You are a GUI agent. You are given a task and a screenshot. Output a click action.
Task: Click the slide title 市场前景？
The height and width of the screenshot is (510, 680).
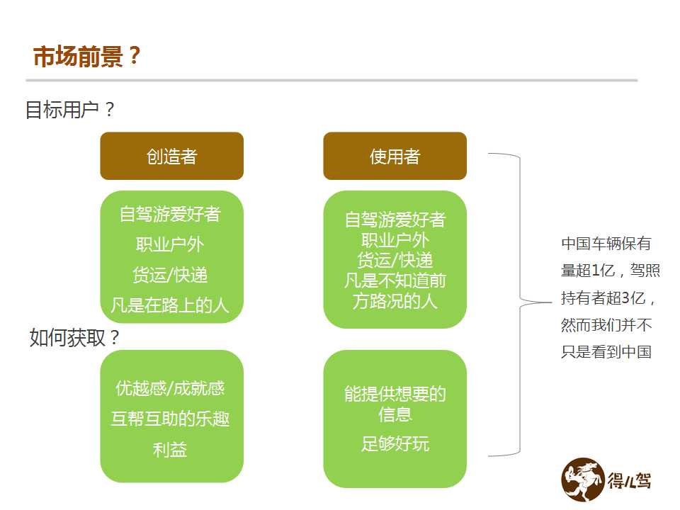pyautogui.click(x=86, y=56)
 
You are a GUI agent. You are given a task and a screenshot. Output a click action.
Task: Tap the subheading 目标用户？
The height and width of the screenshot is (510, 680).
pyautogui.click(x=70, y=109)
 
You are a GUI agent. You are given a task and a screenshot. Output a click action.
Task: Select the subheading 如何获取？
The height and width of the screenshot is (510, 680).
pyautogui.click(x=74, y=337)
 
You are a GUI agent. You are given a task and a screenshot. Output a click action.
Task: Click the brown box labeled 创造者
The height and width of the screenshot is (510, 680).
pyautogui.click(x=171, y=156)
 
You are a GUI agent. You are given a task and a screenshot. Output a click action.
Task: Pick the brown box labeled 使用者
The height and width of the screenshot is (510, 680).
pyautogui.click(x=395, y=156)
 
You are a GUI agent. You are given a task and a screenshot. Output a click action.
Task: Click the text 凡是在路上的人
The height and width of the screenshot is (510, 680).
pyautogui.click(x=169, y=305)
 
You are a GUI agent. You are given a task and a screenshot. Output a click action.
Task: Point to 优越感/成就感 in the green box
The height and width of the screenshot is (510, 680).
pyautogui.click(x=170, y=388)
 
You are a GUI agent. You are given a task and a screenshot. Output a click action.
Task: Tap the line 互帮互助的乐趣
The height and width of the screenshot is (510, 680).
pyautogui.click(x=170, y=419)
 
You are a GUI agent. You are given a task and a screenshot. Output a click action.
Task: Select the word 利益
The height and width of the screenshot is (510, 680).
pyautogui.click(x=170, y=449)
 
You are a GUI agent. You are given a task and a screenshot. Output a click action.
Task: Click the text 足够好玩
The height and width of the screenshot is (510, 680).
pyautogui.click(x=395, y=443)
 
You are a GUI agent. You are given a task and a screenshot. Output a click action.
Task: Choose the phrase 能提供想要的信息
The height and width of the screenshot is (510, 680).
pyautogui.click(x=395, y=404)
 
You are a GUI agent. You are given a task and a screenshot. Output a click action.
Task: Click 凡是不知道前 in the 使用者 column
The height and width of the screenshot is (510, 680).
pyautogui.click(x=395, y=280)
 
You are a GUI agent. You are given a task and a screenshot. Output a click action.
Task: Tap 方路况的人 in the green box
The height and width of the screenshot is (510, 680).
pyautogui.click(x=395, y=301)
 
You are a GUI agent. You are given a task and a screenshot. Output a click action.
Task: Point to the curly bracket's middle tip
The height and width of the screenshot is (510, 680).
pyautogui.click(x=551, y=302)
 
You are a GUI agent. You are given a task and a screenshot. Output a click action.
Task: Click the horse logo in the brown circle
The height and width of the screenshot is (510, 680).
pyautogui.click(x=583, y=480)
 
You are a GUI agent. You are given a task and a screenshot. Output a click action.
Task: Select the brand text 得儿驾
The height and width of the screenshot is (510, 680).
pyautogui.click(x=629, y=481)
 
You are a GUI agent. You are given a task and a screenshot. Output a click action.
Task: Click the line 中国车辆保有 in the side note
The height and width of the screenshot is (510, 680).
pyautogui.click(x=606, y=243)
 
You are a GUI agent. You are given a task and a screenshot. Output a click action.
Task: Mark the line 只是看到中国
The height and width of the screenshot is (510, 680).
pyautogui.click(x=606, y=352)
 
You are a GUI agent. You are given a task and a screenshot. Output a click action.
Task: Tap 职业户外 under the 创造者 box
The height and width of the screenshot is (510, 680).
pyautogui.click(x=170, y=244)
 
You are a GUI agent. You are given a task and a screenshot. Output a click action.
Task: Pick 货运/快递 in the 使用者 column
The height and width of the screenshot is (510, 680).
pyautogui.click(x=395, y=260)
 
